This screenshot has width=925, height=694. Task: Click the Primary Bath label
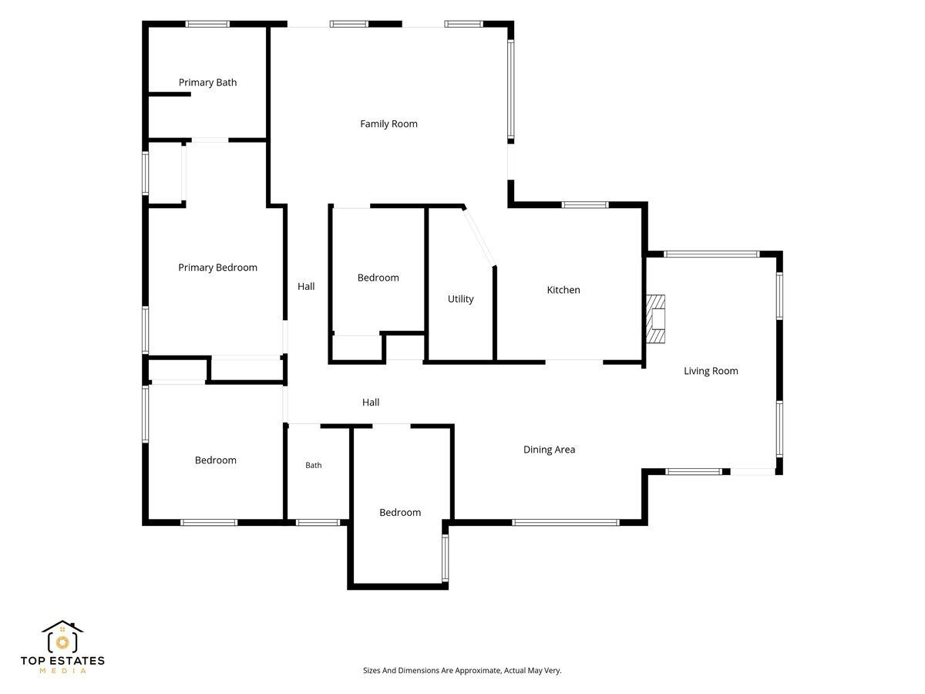point(207,83)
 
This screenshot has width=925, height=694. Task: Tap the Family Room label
point(388,124)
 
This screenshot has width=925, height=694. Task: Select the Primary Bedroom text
point(217,268)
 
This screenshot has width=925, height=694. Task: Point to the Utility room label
point(461,299)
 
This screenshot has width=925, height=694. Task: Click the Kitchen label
point(563,290)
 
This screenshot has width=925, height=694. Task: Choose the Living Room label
point(711,371)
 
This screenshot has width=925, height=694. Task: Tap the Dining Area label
point(549,450)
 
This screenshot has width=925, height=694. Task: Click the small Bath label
point(314,465)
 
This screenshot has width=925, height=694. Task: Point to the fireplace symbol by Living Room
point(656,319)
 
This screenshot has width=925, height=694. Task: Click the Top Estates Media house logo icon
point(62,636)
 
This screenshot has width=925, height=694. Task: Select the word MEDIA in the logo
point(62,671)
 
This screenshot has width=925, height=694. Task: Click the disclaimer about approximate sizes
point(462,670)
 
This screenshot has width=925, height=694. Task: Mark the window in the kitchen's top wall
point(585,205)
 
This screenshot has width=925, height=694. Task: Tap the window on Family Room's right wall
point(510,89)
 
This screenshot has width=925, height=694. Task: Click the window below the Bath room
point(318,523)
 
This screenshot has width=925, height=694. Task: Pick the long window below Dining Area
point(566,523)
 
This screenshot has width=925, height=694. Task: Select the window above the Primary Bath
point(207,24)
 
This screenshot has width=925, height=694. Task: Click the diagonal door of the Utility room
point(479,237)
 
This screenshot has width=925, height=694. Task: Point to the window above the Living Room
point(711,254)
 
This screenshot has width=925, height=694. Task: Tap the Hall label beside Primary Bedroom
point(306,287)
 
